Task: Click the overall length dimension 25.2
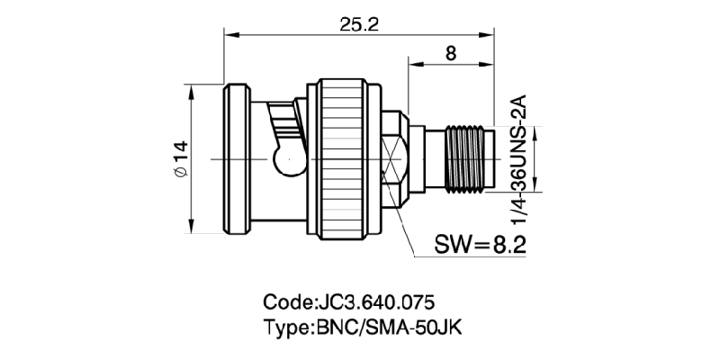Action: [x=358, y=24]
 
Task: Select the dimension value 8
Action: [x=450, y=53]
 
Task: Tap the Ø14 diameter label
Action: [x=178, y=159]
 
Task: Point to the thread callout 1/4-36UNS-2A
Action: [x=517, y=158]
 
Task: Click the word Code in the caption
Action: [x=287, y=301]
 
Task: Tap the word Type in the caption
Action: [x=286, y=326]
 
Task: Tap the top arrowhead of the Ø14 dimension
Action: [x=192, y=90]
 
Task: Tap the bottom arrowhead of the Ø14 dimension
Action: [x=192, y=228]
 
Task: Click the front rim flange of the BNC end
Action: [x=237, y=159]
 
